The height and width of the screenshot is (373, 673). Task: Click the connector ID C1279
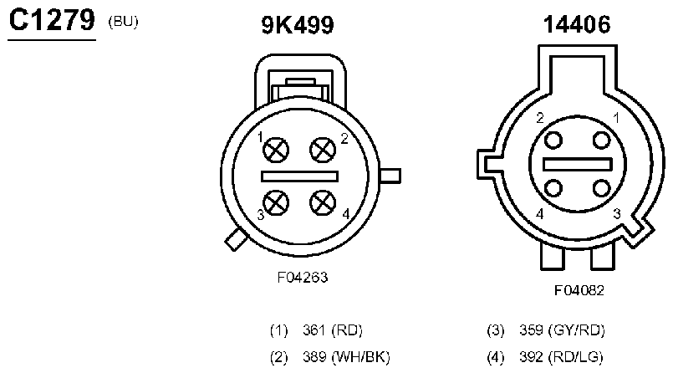point(52,20)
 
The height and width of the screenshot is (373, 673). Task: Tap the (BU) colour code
point(123,22)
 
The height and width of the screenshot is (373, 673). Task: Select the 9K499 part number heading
point(298,25)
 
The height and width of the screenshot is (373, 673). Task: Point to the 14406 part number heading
point(576,24)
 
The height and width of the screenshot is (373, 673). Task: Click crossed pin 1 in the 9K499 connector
point(276,151)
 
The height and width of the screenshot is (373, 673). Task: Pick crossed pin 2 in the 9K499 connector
point(323,151)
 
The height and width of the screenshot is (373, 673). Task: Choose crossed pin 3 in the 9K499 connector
point(276,202)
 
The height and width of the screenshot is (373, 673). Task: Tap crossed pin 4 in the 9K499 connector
point(323,202)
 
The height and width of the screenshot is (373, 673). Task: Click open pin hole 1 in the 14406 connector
point(601,141)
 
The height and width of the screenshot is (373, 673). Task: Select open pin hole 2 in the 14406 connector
point(553,141)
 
